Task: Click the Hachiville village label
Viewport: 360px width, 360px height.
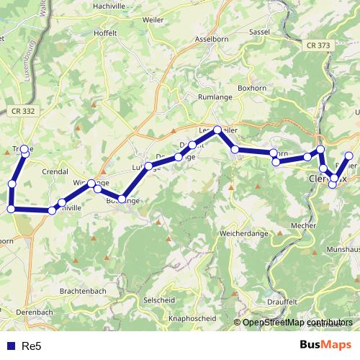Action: tap(111, 6)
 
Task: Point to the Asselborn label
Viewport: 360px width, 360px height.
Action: tap(213, 40)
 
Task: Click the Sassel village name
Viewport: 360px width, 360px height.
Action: tap(259, 32)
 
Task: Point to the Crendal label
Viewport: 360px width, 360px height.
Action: tap(55, 173)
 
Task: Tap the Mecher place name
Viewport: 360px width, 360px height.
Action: tap(305, 225)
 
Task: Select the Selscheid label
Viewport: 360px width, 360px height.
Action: tap(161, 299)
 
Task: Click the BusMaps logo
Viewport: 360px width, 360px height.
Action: tap(325, 346)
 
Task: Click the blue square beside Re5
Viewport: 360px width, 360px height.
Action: tap(11, 346)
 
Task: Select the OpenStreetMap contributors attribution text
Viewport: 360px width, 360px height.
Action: tap(298, 323)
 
